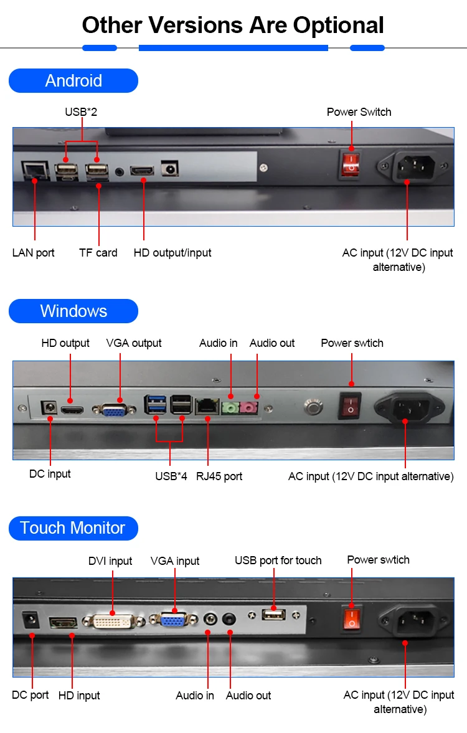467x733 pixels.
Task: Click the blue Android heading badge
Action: pyautogui.click(x=73, y=81)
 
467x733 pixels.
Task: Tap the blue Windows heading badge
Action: pyautogui.click(x=73, y=311)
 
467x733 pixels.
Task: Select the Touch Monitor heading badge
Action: pyautogui.click(x=73, y=528)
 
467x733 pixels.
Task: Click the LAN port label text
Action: pyautogui.click(x=33, y=253)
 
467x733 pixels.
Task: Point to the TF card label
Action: pyautogui.click(x=98, y=253)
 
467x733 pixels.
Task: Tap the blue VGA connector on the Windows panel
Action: pyautogui.click(x=112, y=409)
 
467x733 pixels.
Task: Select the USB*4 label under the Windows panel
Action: pyautogui.click(x=171, y=476)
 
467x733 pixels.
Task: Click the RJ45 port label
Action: pyautogui.click(x=219, y=476)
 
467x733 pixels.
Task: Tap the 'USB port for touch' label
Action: pyautogui.click(x=278, y=560)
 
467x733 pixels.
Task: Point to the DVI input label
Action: pyautogui.click(x=110, y=561)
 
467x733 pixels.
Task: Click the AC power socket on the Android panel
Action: pyautogui.click(x=407, y=167)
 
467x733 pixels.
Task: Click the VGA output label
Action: pyautogui.click(x=134, y=343)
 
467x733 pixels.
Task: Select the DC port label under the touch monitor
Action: pyautogui.click(x=30, y=695)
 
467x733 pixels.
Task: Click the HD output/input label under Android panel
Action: pyautogui.click(x=172, y=253)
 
